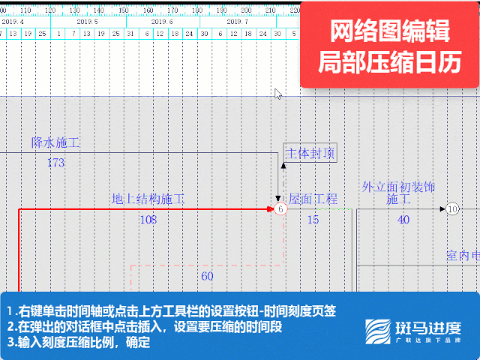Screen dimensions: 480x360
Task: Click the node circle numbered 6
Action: [x=280, y=209]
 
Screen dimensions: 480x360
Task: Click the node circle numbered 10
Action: [x=452, y=209]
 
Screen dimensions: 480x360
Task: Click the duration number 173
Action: [x=55, y=163]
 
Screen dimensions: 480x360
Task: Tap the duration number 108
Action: [x=148, y=220]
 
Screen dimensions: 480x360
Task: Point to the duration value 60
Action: [x=207, y=276]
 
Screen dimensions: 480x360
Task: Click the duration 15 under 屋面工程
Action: [x=313, y=220]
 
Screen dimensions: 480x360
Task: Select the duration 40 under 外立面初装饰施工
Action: [x=403, y=220]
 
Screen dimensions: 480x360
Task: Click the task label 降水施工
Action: [x=55, y=142]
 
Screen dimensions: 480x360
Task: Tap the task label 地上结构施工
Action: [x=148, y=199]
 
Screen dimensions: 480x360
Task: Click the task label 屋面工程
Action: [x=313, y=199]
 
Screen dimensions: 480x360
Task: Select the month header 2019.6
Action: [x=162, y=22]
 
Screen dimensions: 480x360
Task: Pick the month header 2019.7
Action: [x=237, y=22]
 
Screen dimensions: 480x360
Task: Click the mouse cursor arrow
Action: [x=277, y=94]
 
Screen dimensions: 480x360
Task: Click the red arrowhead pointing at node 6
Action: [x=271, y=209]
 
